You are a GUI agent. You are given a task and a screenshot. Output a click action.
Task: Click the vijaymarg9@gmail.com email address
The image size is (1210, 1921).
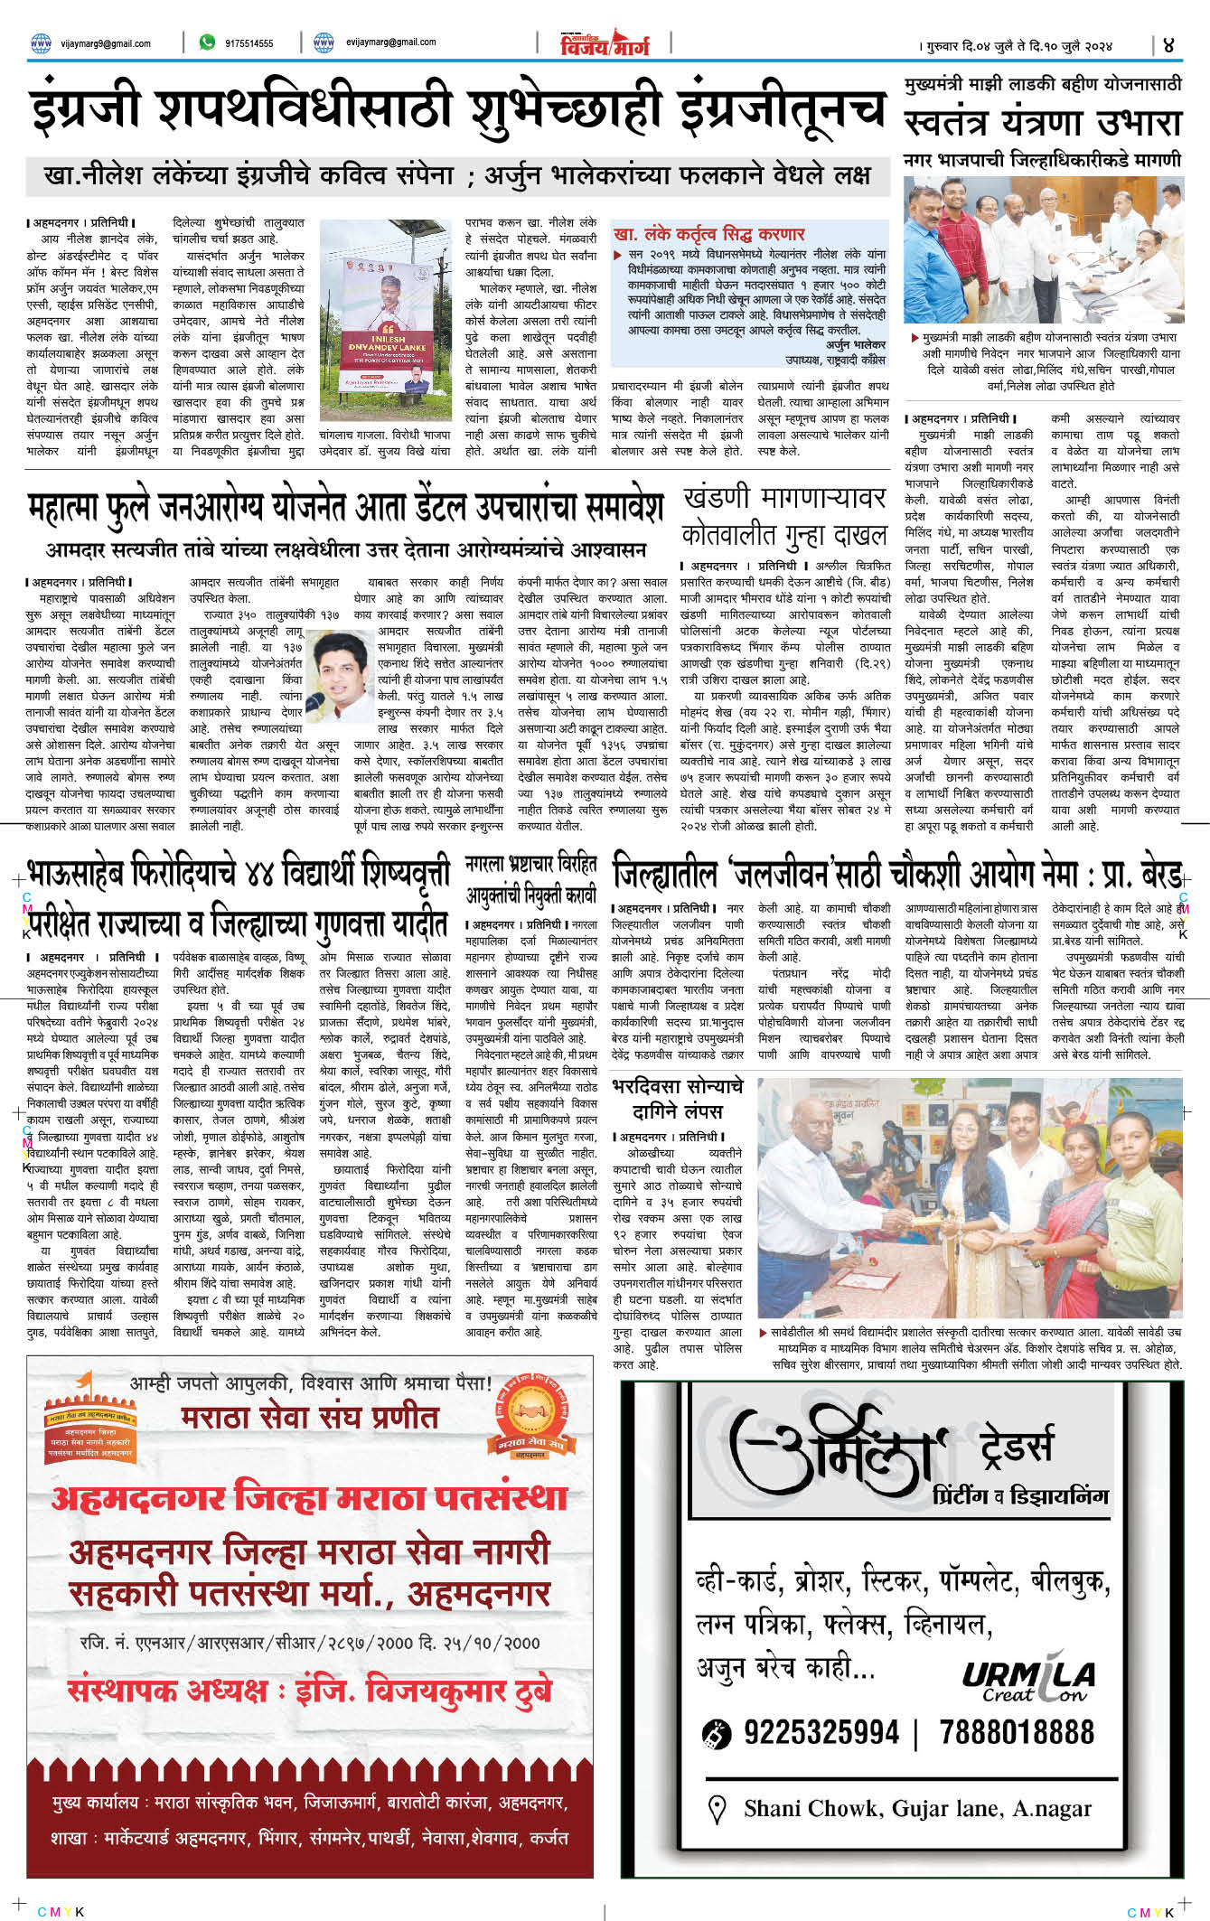[105, 43]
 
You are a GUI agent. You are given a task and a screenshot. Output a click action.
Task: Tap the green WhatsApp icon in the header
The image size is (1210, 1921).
[207, 42]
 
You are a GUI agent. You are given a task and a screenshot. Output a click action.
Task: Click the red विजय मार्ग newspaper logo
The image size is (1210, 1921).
[605, 42]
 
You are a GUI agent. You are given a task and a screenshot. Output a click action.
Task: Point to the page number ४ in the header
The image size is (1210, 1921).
[1168, 44]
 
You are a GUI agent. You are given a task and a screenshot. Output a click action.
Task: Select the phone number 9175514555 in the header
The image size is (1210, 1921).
[249, 43]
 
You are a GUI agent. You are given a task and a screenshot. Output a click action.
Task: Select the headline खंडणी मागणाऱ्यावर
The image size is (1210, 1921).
[783, 498]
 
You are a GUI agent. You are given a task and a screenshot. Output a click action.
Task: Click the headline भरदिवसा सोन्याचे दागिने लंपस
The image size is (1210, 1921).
[677, 1098]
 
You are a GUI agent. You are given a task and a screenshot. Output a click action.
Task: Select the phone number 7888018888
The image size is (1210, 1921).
[1016, 1732]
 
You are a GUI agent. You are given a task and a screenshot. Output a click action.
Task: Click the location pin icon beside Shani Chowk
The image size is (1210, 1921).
[717, 1808]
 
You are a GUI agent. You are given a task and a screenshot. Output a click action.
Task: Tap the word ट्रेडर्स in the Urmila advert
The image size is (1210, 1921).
[1016, 1445]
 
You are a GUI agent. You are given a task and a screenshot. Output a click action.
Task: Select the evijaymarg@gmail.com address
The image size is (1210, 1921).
[390, 42]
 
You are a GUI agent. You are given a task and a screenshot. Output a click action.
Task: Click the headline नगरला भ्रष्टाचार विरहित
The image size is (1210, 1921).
[531, 864]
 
